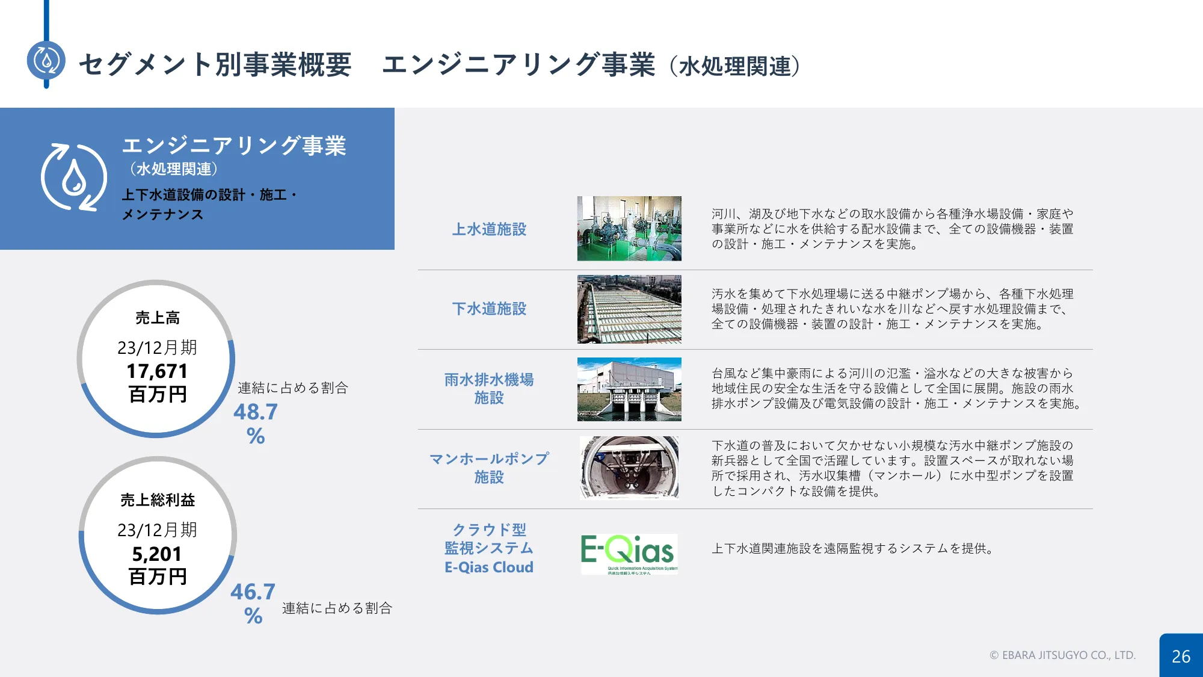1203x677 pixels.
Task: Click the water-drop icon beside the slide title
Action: pyautogui.click(x=46, y=60)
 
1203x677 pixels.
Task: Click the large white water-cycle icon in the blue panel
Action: pyautogui.click(x=74, y=178)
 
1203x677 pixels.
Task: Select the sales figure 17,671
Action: pyautogui.click(x=157, y=371)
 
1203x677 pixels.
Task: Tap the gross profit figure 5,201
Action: pyautogui.click(x=157, y=554)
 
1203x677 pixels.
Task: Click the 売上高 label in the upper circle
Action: pyautogui.click(x=158, y=318)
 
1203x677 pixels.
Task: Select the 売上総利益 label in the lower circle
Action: pyautogui.click(x=158, y=500)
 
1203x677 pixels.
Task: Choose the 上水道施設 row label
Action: pyautogui.click(x=489, y=229)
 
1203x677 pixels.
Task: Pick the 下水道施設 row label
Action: pyautogui.click(x=489, y=309)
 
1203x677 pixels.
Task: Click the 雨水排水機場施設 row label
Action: pyautogui.click(x=489, y=389)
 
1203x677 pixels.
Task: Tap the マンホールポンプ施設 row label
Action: pyautogui.click(x=489, y=468)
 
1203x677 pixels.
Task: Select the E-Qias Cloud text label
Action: pyautogui.click(x=489, y=567)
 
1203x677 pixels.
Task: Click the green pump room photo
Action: pyautogui.click(x=629, y=229)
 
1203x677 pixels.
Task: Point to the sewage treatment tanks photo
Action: pyautogui.click(x=629, y=309)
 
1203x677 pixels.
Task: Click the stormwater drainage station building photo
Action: pyautogui.click(x=629, y=389)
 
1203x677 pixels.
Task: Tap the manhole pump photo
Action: pyautogui.click(x=629, y=468)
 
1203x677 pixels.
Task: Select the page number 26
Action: pyautogui.click(x=1181, y=657)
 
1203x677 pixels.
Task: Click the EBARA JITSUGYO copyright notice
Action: pyautogui.click(x=1063, y=655)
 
